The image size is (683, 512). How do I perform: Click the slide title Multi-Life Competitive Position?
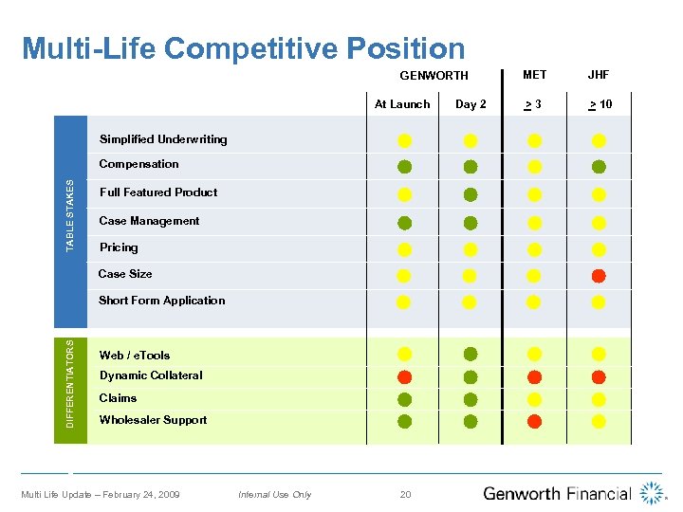[x=243, y=48]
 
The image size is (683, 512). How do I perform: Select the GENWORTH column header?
[x=434, y=76]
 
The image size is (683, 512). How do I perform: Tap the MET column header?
[x=534, y=74]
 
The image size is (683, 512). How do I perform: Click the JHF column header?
[x=599, y=74]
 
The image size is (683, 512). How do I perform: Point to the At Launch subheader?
[x=402, y=104]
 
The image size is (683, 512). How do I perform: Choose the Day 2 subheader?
[x=471, y=104]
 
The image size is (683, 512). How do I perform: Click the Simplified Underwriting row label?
[x=163, y=139]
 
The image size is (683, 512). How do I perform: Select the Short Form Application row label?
[x=162, y=301]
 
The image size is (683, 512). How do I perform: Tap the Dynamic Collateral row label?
[x=151, y=375]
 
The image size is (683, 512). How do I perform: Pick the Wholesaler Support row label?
[x=153, y=420]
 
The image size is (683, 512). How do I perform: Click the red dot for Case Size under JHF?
[x=599, y=276]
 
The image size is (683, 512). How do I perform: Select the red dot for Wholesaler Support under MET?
[x=534, y=421]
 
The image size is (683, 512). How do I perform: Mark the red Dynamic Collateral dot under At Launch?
[x=404, y=376]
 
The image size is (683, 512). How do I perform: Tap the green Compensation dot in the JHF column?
[x=599, y=167]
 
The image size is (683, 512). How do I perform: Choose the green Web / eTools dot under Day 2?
[x=471, y=355]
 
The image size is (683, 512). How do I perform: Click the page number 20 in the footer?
[x=405, y=494]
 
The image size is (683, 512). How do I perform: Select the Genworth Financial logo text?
[x=557, y=493]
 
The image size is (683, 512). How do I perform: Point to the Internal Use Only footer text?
[x=274, y=495]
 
